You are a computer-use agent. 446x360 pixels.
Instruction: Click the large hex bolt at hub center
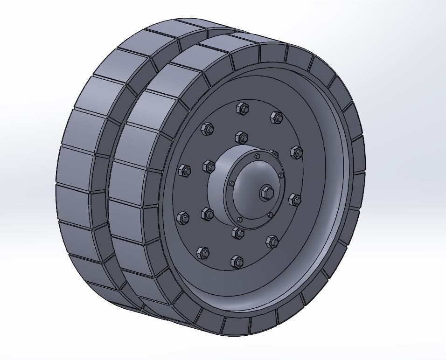point(266,192)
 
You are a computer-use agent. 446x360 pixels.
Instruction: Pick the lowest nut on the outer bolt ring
point(237,262)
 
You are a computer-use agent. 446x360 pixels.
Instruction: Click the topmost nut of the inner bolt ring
point(241,137)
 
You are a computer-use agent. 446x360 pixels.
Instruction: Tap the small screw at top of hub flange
point(257,156)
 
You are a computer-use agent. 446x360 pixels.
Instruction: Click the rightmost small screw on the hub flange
point(281,175)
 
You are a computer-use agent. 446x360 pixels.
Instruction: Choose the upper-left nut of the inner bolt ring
point(209,166)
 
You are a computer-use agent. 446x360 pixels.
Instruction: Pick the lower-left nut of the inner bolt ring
point(207,214)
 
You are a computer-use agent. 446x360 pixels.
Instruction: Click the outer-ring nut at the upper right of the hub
point(296,152)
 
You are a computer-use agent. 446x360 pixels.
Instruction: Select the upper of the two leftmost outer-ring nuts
point(184,170)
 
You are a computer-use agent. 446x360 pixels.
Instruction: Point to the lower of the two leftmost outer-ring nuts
point(183,217)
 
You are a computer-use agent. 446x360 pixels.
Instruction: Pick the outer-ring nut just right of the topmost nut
point(276,117)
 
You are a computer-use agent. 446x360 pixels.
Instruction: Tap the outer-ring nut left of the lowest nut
point(203,253)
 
